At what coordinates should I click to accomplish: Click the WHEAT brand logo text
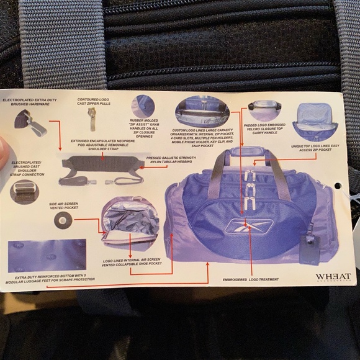tap(333, 277)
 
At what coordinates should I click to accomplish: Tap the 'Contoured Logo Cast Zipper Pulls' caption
tap(95, 102)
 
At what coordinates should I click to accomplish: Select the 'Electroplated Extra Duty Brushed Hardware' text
tap(29, 102)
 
